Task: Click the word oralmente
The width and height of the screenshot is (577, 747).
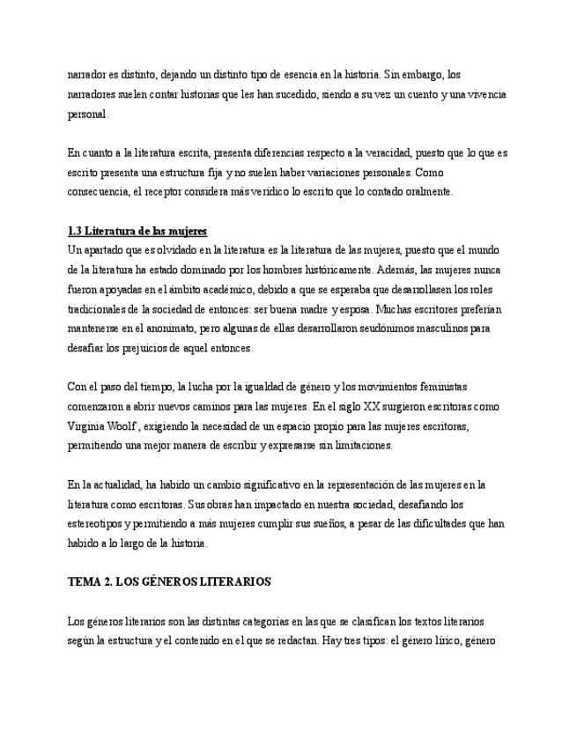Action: click(x=424, y=191)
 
